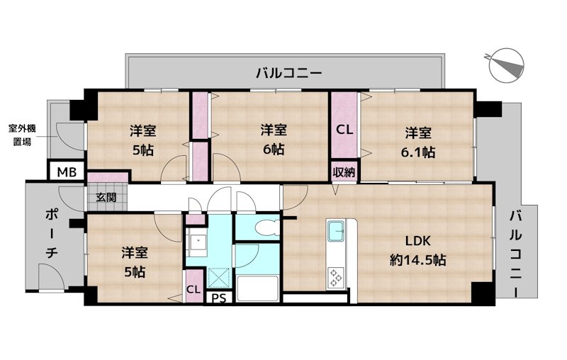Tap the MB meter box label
click(x=67, y=171)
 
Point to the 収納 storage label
click(x=344, y=171)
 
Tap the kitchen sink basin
click(x=335, y=231)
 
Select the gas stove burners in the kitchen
click(x=335, y=276)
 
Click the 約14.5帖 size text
click(x=417, y=260)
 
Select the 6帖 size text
click(x=273, y=150)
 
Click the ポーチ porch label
click(x=53, y=233)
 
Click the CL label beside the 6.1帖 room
click(x=344, y=130)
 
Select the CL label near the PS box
click(x=193, y=289)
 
